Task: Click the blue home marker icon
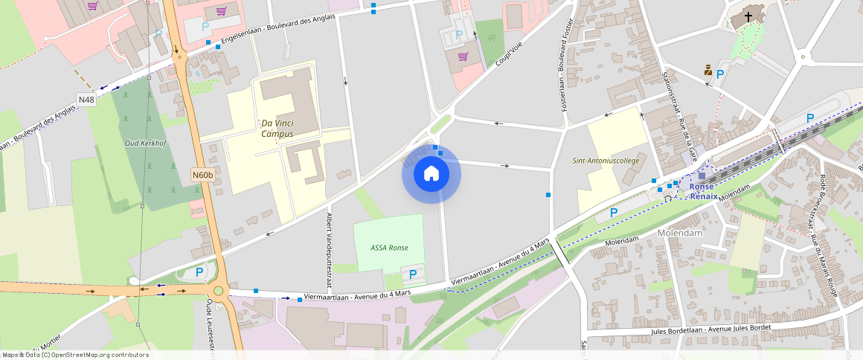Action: [431, 174]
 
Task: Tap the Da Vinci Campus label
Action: [277, 129]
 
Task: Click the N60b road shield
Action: [202, 176]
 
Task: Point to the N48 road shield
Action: [86, 100]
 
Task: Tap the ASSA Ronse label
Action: [388, 248]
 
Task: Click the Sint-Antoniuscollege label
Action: [606, 161]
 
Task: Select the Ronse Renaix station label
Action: [703, 192]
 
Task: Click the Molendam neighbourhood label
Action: [680, 233]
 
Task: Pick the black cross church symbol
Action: [748, 16]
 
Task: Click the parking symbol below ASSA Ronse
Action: [413, 275]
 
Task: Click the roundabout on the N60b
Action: [218, 291]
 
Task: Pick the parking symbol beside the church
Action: [720, 74]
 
